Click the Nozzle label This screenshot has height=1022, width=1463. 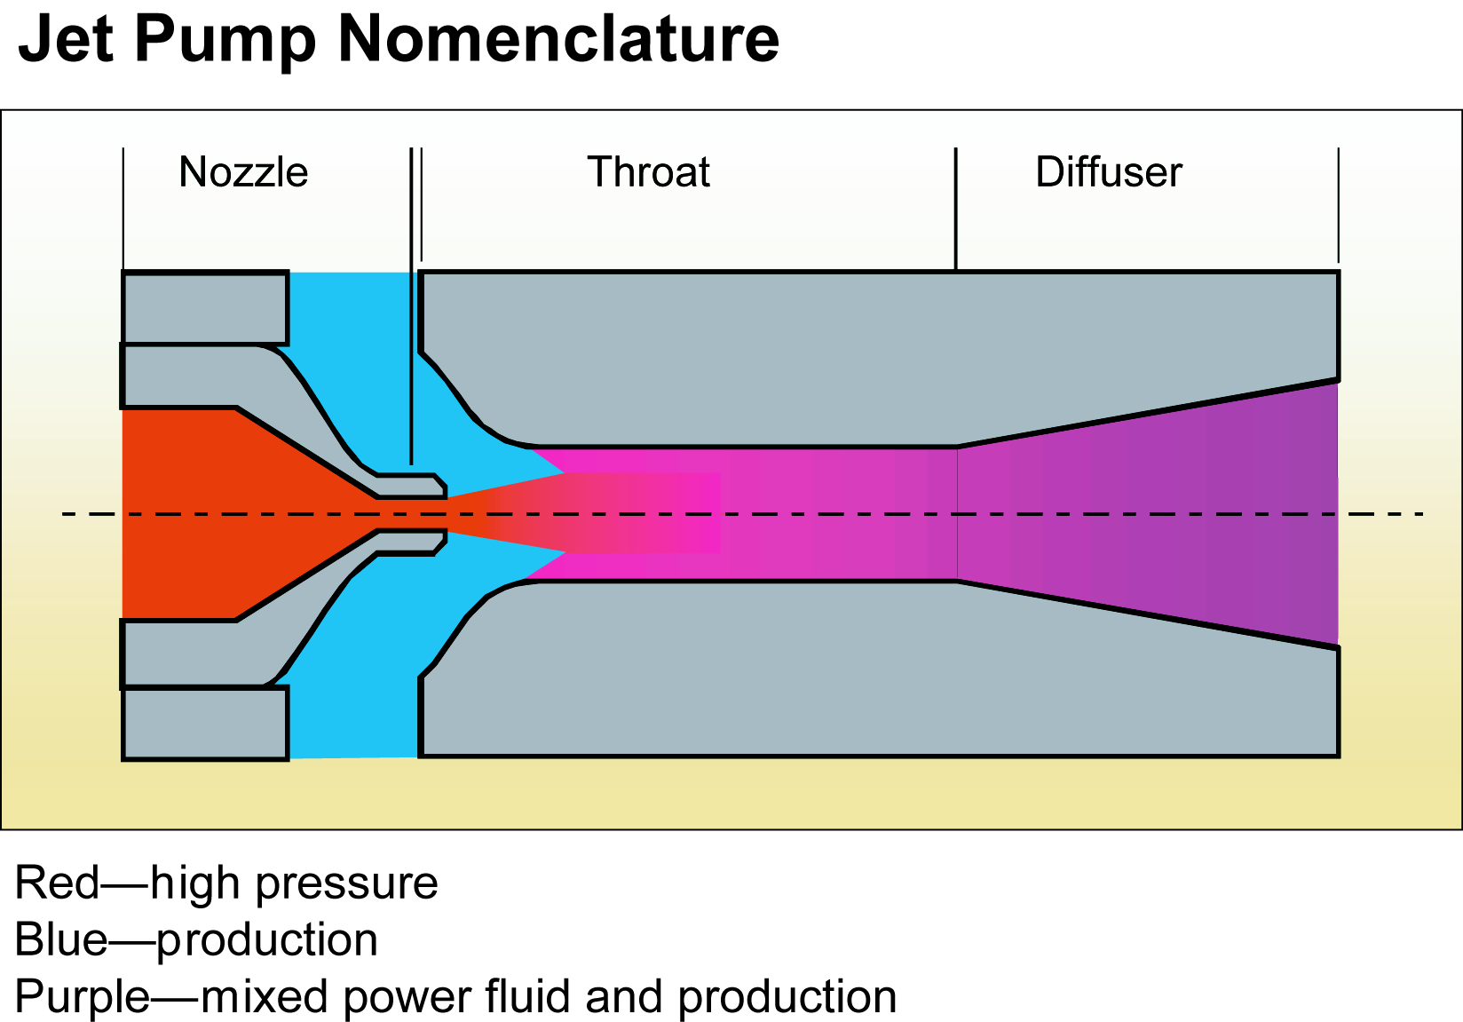click(243, 172)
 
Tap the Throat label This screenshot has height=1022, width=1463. click(648, 172)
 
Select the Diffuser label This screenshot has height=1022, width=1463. click(1109, 172)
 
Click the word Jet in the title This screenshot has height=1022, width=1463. click(66, 39)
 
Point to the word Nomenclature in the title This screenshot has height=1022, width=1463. click(558, 39)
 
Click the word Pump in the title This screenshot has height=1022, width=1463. click(225, 39)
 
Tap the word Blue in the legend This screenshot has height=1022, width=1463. click(61, 939)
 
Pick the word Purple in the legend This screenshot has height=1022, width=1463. click(83, 996)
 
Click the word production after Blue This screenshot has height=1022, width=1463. click(267, 939)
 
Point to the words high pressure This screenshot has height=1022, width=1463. click(294, 883)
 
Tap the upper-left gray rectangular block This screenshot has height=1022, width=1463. click(205, 308)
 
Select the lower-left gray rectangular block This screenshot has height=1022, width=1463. click(205, 723)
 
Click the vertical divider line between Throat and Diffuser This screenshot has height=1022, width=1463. click(956, 209)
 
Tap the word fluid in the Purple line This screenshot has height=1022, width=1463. click(530, 996)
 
